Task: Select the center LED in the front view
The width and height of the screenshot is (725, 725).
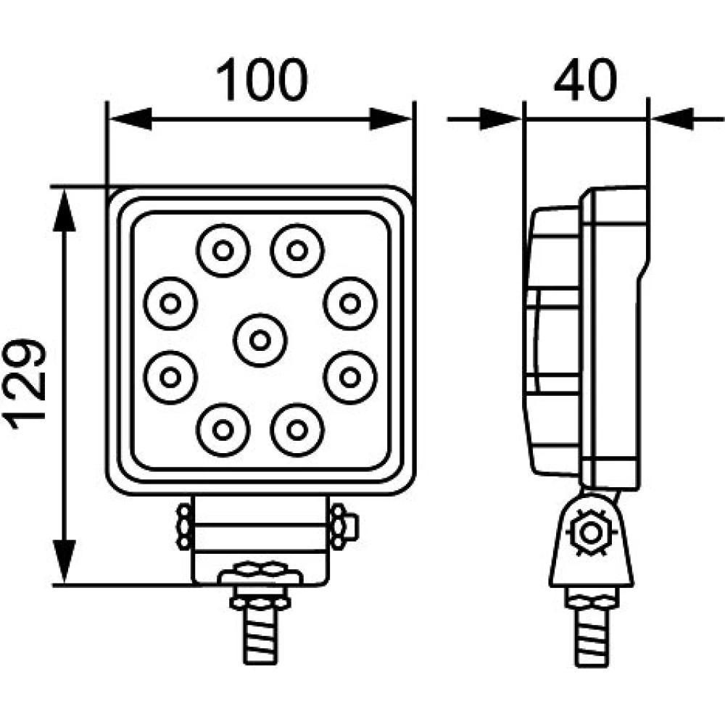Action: (x=260, y=339)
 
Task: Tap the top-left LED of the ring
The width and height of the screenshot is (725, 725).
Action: (x=223, y=251)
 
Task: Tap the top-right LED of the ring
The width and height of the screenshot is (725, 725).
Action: (x=297, y=251)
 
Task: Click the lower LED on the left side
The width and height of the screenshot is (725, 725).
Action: (x=170, y=376)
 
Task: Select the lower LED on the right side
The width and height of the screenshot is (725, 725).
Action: (x=350, y=376)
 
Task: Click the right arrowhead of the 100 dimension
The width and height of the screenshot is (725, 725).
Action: (x=391, y=119)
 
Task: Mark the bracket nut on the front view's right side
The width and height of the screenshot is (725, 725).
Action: (x=341, y=526)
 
